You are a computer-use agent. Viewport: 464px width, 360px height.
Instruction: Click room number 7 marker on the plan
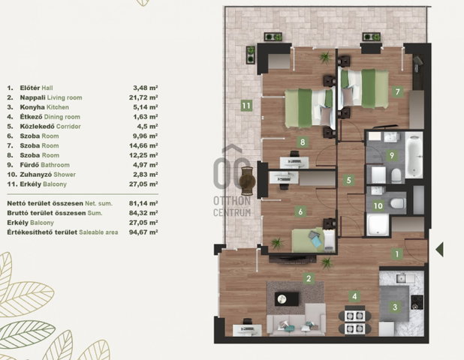397,91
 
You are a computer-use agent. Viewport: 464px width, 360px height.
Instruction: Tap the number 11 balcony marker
246,106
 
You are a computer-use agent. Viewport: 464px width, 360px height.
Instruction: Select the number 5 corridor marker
348,180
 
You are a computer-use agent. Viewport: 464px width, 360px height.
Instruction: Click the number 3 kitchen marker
394,307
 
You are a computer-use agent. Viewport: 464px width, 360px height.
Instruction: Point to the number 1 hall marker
397,253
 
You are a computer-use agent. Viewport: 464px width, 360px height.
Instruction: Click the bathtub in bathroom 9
414,155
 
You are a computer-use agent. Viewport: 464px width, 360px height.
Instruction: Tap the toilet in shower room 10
397,203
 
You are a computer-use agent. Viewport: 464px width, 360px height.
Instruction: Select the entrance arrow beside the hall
439,249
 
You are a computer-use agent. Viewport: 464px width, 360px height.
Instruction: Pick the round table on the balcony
247,181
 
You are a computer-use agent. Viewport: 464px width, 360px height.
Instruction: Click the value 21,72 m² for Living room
143,97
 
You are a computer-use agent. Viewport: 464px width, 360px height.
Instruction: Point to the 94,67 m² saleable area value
143,232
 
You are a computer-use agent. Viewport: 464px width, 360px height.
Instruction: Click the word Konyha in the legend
32,107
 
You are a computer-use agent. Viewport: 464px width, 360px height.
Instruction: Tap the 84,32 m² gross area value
143,213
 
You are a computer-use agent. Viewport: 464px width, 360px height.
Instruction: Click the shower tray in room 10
378,225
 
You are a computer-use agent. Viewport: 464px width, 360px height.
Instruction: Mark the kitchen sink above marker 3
402,278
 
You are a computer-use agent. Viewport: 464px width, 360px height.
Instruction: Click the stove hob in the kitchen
417,302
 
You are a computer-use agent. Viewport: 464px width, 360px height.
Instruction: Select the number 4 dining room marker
354,295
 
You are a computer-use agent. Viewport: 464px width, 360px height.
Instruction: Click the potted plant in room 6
277,243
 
